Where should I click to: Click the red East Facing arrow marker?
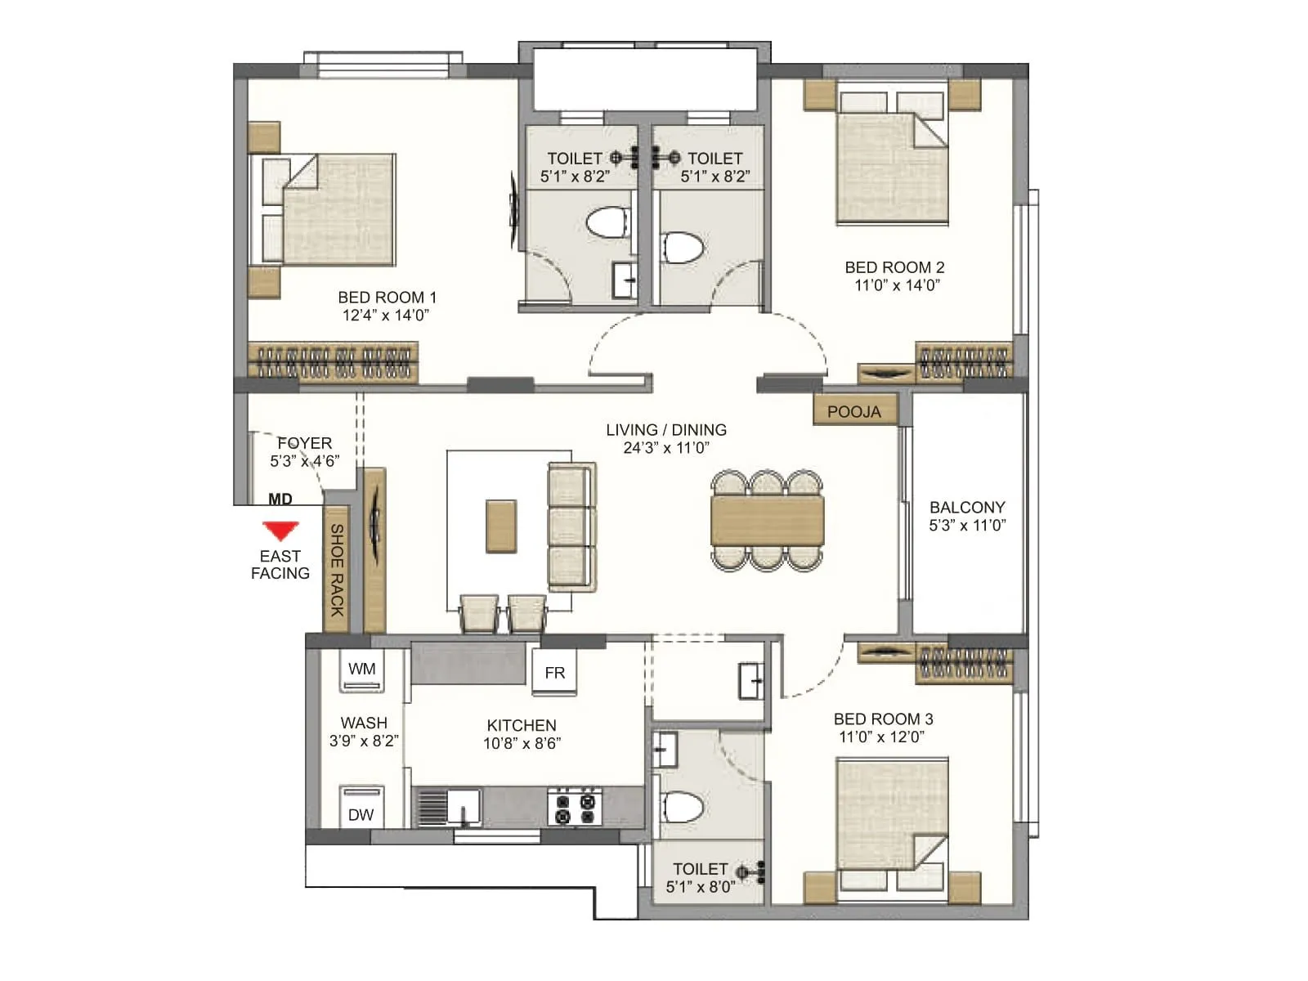click(x=280, y=531)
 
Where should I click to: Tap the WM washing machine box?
click(x=361, y=670)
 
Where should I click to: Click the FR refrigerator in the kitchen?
click(x=554, y=672)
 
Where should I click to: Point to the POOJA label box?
click(x=854, y=411)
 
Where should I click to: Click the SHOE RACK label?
click(x=337, y=570)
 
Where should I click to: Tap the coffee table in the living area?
click(x=501, y=526)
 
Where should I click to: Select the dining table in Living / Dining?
click(x=767, y=521)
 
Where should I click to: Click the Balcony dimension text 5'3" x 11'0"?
click(x=967, y=526)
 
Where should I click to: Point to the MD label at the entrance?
click(x=280, y=499)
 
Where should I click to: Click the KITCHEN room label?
click(x=522, y=725)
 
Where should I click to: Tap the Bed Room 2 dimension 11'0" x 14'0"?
click(x=897, y=285)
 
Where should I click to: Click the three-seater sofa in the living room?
click(x=571, y=526)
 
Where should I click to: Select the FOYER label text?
click(x=304, y=443)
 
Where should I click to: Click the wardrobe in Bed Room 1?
click(x=333, y=362)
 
